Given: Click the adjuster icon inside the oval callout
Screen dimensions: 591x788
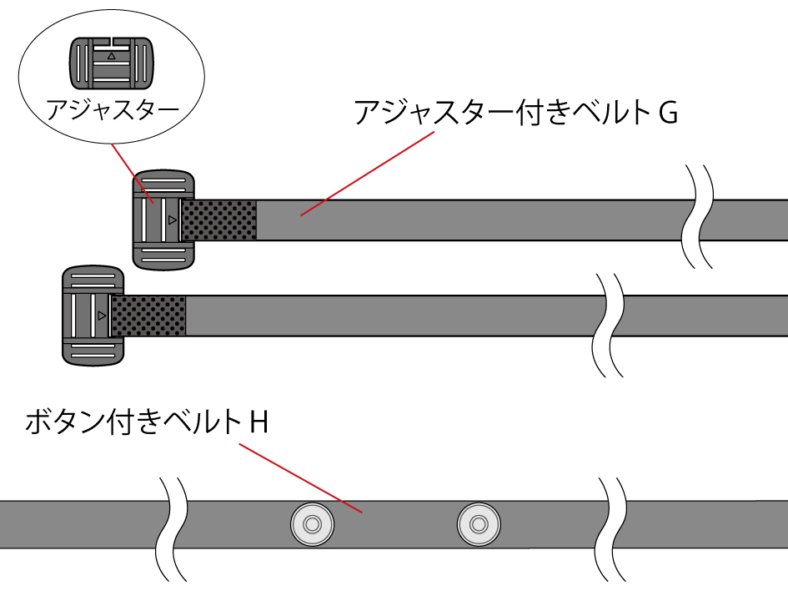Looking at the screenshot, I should click(x=111, y=63).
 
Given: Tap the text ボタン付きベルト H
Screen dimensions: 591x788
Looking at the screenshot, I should click(x=147, y=422).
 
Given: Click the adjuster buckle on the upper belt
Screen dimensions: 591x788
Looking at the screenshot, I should click(x=163, y=220).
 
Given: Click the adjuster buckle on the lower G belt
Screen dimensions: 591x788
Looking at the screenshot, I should click(x=93, y=316).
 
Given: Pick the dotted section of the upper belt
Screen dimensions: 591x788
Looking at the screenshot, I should click(x=219, y=220).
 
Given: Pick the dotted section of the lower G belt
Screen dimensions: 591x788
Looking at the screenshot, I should click(x=148, y=316).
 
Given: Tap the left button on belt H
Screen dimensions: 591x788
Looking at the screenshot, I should click(x=312, y=525).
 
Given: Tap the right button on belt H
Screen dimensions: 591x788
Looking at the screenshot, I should click(x=478, y=525).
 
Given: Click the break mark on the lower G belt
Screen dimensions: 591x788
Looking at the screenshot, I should click(x=606, y=324).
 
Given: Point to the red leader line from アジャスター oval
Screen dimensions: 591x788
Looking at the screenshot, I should click(x=132, y=173).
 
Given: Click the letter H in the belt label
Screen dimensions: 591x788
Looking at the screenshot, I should click(x=258, y=422).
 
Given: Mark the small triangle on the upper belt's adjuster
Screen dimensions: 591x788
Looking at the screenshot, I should click(x=172, y=220).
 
